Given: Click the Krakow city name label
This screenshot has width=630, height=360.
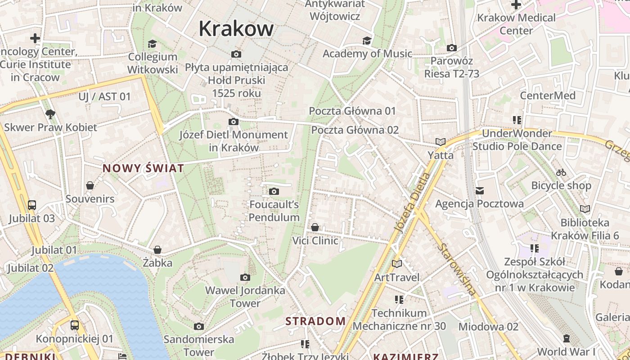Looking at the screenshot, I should [x=236, y=29].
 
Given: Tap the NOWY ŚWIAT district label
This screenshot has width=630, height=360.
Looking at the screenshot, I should [x=143, y=168].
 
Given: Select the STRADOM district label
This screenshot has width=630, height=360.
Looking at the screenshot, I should [x=316, y=321].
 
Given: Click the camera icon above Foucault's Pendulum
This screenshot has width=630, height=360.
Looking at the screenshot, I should [x=274, y=192].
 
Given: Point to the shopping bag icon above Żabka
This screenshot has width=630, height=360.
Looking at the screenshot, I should [x=157, y=250].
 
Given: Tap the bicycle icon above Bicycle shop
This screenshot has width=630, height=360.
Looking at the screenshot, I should [x=561, y=172].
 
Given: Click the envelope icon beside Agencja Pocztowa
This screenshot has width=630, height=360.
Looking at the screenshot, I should [x=480, y=191].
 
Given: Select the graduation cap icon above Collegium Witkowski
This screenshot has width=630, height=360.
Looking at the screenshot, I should [x=152, y=44].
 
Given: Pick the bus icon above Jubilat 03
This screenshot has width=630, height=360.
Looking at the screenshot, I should [x=31, y=205].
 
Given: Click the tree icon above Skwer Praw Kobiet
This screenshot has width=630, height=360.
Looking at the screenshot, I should [x=50, y=114].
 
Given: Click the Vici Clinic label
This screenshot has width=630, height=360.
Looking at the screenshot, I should [x=315, y=241].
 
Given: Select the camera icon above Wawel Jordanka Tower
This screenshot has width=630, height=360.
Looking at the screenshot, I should [x=245, y=278].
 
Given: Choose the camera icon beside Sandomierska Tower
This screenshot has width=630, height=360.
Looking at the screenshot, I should [x=198, y=326].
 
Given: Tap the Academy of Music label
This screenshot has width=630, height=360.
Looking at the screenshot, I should [x=367, y=54].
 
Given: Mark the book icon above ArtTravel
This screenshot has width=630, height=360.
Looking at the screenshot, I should [x=396, y=264].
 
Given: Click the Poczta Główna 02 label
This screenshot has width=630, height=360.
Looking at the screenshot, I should [x=355, y=130].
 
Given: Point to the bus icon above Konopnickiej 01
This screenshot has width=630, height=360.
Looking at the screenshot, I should [x=75, y=325].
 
